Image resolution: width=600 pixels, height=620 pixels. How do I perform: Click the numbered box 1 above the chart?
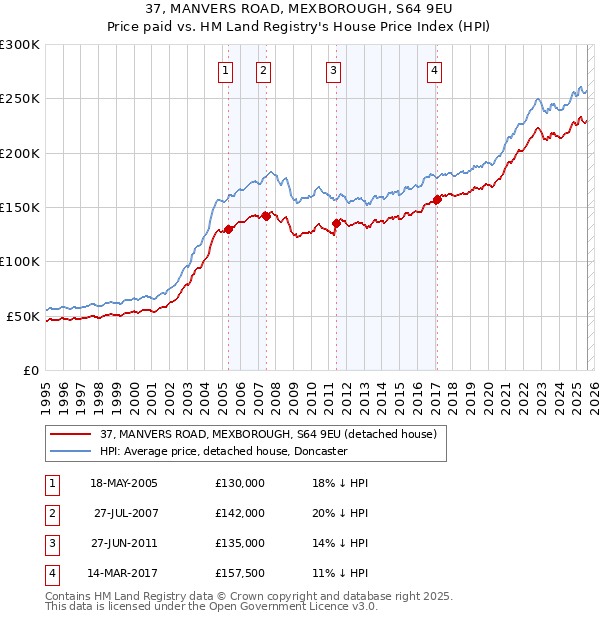point(226,70)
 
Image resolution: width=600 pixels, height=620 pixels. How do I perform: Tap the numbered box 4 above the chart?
point(436,70)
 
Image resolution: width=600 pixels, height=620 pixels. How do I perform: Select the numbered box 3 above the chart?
point(333,70)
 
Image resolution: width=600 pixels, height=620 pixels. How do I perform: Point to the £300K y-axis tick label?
point(20,45)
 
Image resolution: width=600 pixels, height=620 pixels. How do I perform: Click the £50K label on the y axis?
point(24,316)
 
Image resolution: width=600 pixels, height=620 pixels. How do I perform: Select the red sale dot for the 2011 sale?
point(336,224)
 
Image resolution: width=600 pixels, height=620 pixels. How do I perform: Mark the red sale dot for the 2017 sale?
point(437,200)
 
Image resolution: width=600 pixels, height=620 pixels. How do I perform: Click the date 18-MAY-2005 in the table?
point(124,483)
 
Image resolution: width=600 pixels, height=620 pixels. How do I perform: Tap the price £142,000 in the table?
point(240,513)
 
